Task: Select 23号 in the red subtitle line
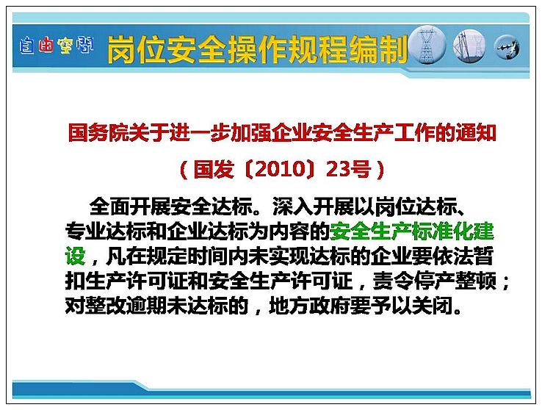pos(348,170)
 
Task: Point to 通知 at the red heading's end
pos(476,133)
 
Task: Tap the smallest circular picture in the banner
pos(507,47)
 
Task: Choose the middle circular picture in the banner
pos(469,46)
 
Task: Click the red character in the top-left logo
pos(46,45)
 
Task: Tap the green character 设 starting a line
pos(75,256)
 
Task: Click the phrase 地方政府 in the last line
pos(309,306)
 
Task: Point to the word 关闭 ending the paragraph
pos(432,306)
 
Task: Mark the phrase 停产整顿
pos(455,281)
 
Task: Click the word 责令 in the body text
pos(394,281)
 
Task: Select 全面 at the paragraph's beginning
pos(110,206)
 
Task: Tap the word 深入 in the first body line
pos(293,206)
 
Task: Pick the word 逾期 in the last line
pos(146,306)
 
